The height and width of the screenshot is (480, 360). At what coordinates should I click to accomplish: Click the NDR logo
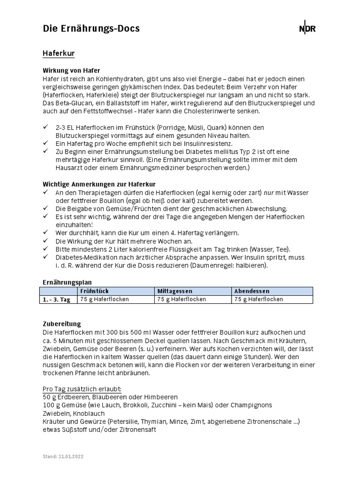click(307, 29)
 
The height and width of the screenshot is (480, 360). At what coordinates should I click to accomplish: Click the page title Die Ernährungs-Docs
click(91, 29)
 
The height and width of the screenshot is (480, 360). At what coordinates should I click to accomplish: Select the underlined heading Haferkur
click(59, 54)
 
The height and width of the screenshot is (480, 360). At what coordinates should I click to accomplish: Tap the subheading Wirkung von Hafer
click(71, 70)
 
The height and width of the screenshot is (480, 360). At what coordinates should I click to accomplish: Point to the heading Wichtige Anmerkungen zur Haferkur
click(99, 184)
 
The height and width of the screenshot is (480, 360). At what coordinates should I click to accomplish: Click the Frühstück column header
click(95, 291)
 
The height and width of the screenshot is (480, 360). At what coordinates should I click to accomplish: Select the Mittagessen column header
click(175, 291)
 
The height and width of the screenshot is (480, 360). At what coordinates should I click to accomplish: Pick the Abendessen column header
click(252, 291)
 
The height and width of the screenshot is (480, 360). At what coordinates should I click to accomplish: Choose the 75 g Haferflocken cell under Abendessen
click(259, 299)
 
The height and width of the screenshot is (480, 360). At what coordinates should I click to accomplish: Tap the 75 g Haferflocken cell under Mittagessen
click(181, 299)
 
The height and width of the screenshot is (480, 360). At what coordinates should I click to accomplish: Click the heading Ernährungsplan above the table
click(67, 282)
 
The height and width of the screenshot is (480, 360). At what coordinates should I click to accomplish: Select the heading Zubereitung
click(61, 324)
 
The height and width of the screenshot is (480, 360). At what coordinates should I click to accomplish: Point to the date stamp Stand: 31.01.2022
click(63, 456)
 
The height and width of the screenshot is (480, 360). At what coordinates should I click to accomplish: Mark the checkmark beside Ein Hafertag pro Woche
click(45, 143)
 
